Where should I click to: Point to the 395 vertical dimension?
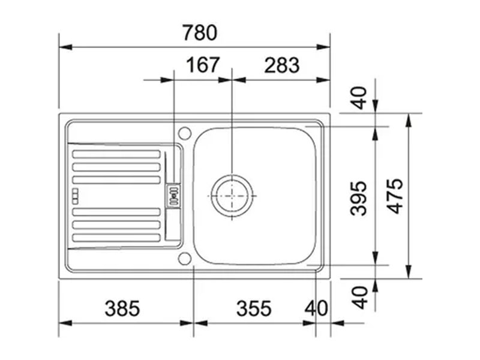(359, 196)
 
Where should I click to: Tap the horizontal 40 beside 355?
(316, 308)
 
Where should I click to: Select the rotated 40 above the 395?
(359, 97)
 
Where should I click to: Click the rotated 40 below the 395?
(359, 296)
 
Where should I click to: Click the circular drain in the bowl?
(232, 196)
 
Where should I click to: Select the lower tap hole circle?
(184, 259)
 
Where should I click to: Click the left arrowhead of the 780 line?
(64, 47)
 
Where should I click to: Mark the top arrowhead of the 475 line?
(409, 118)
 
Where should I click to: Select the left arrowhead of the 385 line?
(64, 323)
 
